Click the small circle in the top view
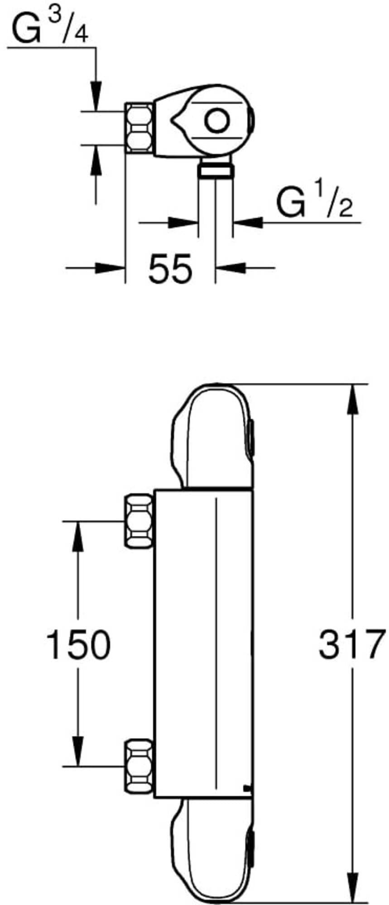(x=216, y=121)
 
